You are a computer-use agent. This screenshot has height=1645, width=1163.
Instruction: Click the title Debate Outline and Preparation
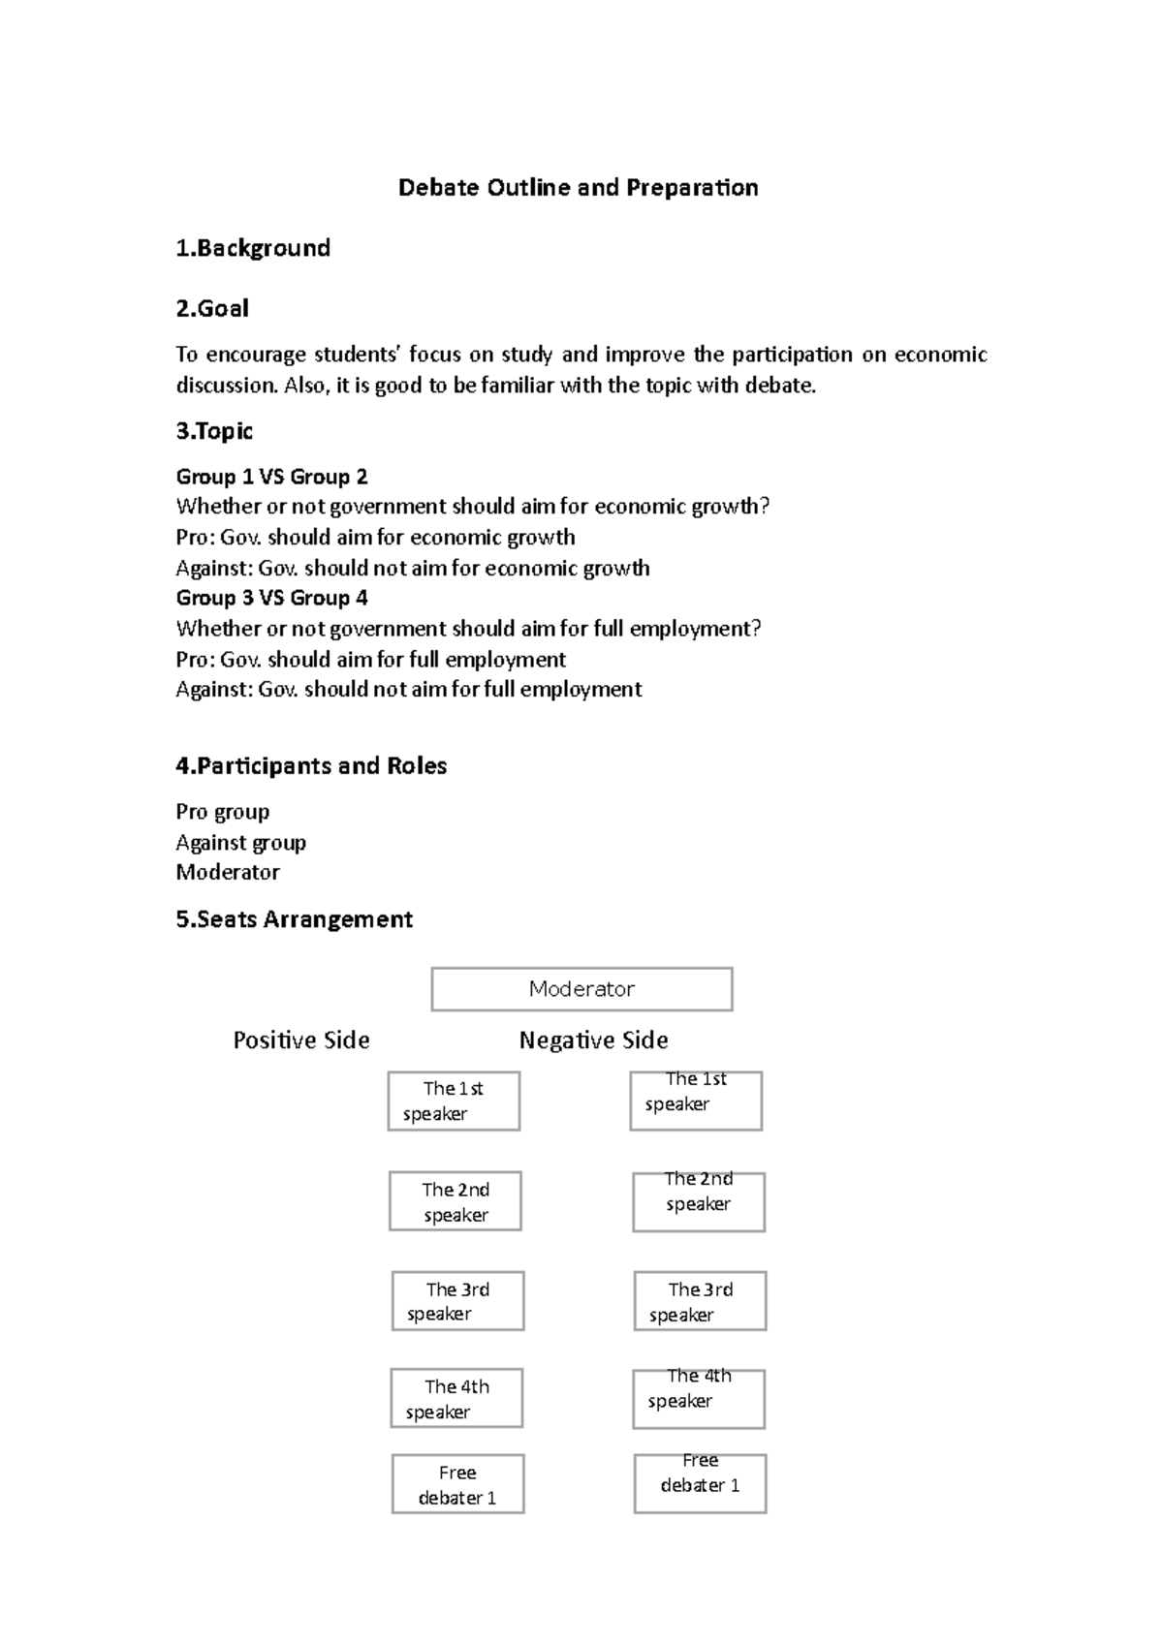point(578,187)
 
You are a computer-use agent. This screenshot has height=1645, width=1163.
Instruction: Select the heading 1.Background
point(253,248)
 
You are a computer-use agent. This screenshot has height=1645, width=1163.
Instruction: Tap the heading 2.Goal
point(212,308)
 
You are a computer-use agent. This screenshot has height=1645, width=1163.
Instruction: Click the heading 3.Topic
point(214,431)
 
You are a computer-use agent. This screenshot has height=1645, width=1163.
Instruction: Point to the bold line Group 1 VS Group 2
point(271,477)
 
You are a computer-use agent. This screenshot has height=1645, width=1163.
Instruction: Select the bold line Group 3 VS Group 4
point(271,598)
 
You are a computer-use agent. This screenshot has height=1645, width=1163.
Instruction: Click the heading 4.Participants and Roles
point(311,765)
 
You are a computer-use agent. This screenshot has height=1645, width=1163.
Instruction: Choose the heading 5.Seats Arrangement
point(294,918)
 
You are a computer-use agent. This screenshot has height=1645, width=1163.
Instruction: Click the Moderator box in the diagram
point(581,989)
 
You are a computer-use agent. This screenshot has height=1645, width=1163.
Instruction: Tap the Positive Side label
point(301,1040)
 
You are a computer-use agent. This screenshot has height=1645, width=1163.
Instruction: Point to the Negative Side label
point(593,1040)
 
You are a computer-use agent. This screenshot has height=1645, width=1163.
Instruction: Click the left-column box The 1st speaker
point(454,1101)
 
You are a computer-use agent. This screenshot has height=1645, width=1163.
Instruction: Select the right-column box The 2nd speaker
point(698,1201)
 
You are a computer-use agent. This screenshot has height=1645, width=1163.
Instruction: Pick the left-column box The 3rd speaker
point(457,1301)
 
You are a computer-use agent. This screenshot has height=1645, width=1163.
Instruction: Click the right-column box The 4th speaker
point(698,1398)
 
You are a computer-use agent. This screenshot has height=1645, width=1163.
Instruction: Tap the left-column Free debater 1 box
point(457,1483)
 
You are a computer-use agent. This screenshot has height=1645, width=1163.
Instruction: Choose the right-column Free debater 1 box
point(700,1483)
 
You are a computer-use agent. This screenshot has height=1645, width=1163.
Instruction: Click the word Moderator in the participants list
point(228,872)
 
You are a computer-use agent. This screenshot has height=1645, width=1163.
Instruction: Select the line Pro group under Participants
point(223,812)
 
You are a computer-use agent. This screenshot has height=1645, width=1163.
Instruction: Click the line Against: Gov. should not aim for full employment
point(408,690)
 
